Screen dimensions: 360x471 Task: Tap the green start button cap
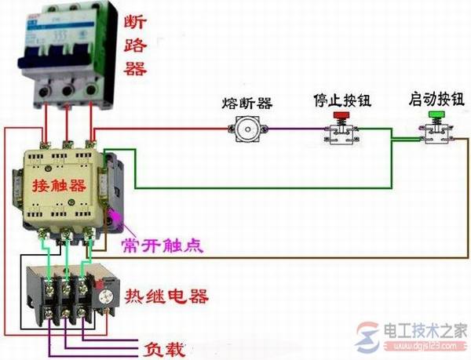point(434,115)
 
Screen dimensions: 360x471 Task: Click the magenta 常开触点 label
point(162,245)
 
